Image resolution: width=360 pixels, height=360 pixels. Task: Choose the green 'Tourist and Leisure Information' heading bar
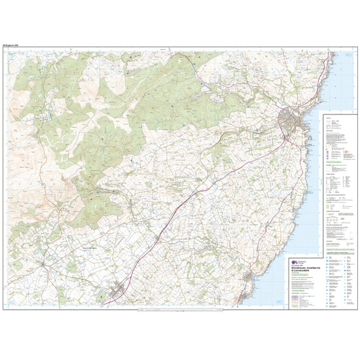(340, 250)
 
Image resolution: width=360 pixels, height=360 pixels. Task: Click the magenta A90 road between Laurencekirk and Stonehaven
(196, 196)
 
